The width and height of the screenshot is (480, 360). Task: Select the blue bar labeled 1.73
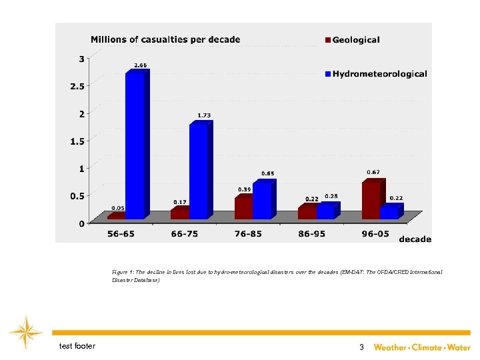click(x=199, y=171)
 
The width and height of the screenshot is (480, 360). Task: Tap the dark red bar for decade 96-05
click(x=371, y=200)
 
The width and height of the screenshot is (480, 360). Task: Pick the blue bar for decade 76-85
click(x=262, y=200)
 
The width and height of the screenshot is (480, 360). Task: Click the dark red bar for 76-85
click(x=243, y=208)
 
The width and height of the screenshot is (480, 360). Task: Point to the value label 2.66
click(x=141, y=65)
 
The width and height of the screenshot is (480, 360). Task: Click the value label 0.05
click(x=117, y=207)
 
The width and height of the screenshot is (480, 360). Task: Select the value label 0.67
click(x=373, y=172)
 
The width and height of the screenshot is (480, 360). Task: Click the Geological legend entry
click(x=351, y=40)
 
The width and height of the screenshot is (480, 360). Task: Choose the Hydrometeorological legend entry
click(x=375, y=74)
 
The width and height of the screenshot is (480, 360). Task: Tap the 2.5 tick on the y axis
click(x=78, y=86)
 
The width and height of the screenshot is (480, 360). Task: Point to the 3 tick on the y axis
click(x=81, y=59)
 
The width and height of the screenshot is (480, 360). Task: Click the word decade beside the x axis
click(x=415, y=239)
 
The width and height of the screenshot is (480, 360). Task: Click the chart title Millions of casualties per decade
click(x=165, y=39)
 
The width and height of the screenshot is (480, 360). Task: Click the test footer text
click(x=77, y=346)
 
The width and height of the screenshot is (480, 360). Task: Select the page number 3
click(x=361, y=347)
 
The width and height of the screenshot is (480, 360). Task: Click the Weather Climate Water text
click(x=421, y=347)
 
